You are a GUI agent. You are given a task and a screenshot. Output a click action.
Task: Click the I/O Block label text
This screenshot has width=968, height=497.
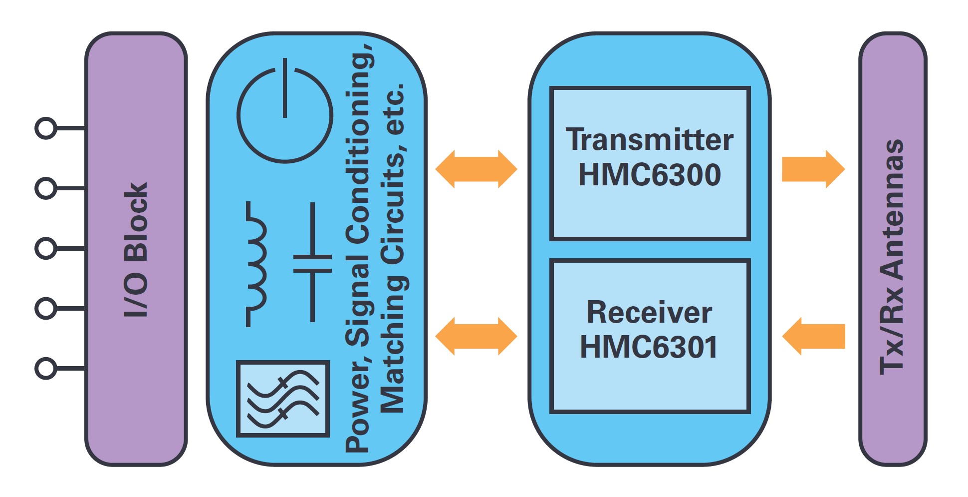point(136,250)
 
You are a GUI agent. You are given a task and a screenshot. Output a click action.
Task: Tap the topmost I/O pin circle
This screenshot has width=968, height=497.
point(46,128)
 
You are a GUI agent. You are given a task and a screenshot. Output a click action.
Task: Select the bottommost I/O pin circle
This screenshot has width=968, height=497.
point(46,369)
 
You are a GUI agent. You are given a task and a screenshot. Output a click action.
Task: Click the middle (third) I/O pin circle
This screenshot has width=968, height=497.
point(46,248)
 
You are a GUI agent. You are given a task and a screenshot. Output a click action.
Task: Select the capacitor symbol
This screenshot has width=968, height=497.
point(312,263)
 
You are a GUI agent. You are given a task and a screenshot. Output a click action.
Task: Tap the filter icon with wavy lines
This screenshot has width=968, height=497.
point(283,399)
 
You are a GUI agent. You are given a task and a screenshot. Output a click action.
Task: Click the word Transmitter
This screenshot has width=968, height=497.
point(650,139)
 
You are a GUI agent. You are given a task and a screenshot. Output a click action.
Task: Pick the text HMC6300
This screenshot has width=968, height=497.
point(650,174)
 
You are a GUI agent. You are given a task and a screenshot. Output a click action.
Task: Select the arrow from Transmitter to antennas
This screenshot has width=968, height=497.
point(813,169)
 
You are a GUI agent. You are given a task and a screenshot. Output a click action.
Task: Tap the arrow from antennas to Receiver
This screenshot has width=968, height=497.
point(813,336)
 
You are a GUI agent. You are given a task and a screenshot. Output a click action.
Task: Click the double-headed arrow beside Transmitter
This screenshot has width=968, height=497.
point(477,169)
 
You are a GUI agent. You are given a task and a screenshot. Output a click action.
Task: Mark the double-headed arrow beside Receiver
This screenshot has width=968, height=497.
point(477,336)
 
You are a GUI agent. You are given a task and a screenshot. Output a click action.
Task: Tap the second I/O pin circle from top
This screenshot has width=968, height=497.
point(46,188)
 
